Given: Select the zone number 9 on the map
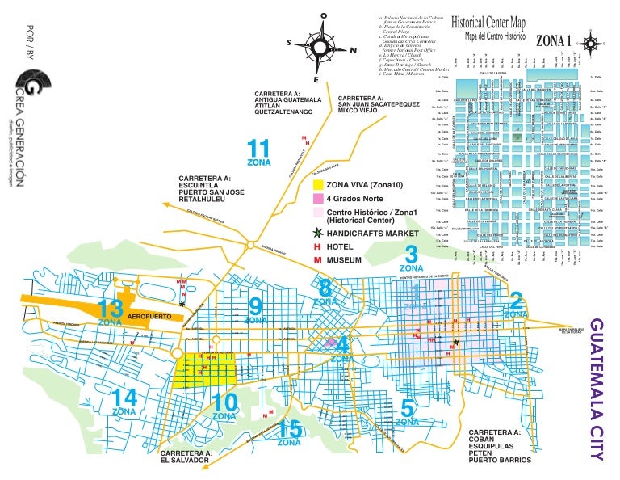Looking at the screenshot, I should pyautogui.click(x=256, y=306).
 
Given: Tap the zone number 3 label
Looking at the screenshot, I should pyautogui.click(x=411, y=255).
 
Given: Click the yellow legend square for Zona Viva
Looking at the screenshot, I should pyautogui.click(x=318, y=186).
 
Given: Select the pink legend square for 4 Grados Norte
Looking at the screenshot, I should pyautogui.click(x=318, y=199).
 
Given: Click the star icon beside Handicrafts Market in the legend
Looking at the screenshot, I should pyautogui.click(x=318, y=233).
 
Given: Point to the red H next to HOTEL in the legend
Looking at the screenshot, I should pyautogui.click(x=318, y=246).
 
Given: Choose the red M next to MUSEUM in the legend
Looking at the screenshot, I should pyautogui.click(x=318, y=259).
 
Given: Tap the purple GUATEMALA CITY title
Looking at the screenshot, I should pyautogui.click(x=597, y=389).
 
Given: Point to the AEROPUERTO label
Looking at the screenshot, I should pyautogui.click(x=150, y=316).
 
